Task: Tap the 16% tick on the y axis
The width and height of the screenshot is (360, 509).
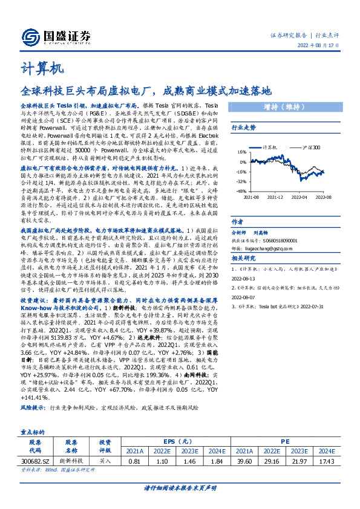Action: coord(241,152)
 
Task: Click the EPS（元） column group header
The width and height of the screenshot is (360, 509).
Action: coord(176,441)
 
